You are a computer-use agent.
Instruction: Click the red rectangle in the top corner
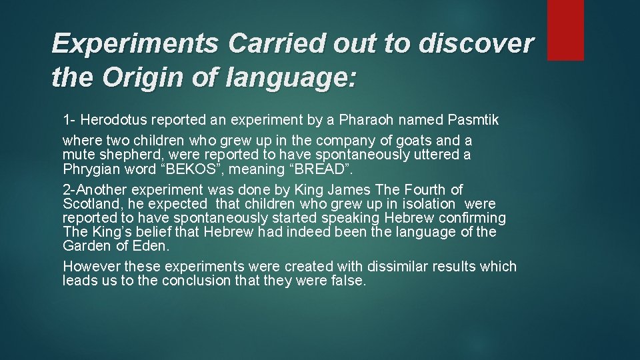click(565, 29)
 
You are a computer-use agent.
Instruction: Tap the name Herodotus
click(115, 121)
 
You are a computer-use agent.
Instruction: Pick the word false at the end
click(347, 281)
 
